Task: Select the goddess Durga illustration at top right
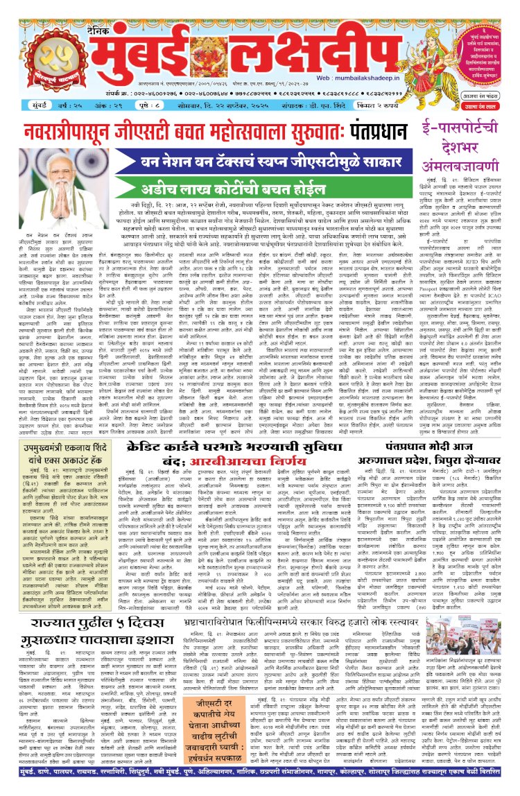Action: [x=478, y=35]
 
